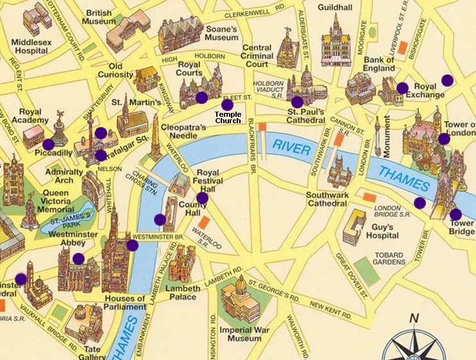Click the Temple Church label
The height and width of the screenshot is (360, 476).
(x=228, y=117)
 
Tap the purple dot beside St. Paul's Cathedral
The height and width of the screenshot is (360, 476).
(x=297, y=101)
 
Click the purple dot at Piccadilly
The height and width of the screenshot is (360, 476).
(x=48, y=144)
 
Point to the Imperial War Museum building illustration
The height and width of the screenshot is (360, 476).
(x=240, y=298)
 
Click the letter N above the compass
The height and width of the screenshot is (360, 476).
(x=414, y=318)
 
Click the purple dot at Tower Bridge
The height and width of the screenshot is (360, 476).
(x=455, y=214)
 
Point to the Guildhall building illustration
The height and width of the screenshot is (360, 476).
(x=337, y=39)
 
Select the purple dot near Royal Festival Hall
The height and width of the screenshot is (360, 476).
(x=202, y=198)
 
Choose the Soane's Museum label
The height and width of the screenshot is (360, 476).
(x=221, y=33)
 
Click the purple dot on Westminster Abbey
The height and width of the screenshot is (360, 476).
(x=78, y=259)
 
